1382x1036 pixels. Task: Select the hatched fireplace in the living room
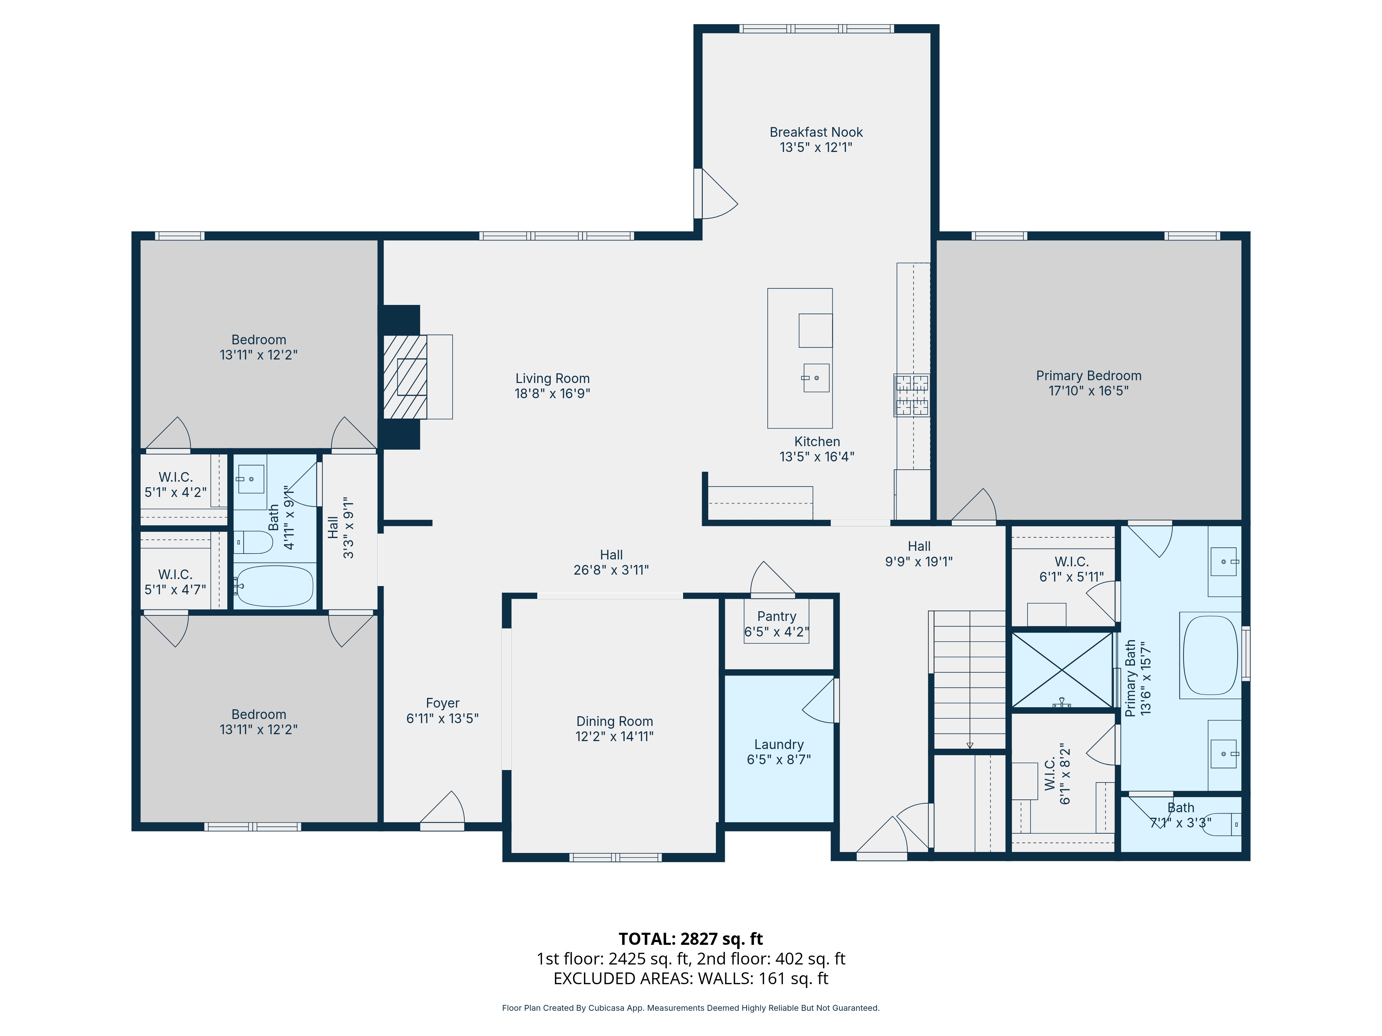[x=405, y=376]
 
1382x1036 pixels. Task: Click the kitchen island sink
[x=816, y=378]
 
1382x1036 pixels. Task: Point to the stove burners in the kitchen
[x=911, y=395]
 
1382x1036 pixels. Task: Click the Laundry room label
[x=778, y=745]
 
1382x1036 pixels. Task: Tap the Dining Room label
[x=614, y=721]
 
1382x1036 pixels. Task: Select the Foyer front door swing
[x=443, y=812]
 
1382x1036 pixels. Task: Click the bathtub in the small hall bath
[x=275, y=586]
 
